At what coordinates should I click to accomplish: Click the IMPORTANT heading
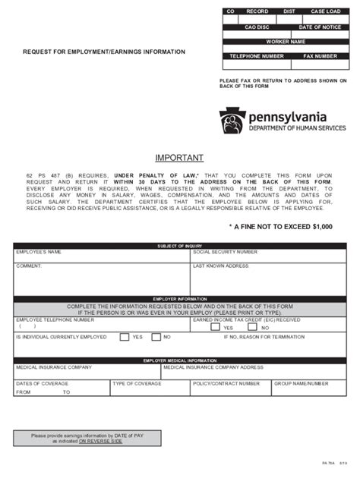point(179,158)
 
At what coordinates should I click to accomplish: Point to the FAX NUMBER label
point(320,56)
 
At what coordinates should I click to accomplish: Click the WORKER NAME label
point(285,42)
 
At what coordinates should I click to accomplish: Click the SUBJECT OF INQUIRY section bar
point(179,246)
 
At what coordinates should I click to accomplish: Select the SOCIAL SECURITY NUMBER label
point(225,252)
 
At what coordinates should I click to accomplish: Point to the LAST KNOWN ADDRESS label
point(221,266)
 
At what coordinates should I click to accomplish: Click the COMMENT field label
point(29,266)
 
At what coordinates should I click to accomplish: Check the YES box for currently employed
point(124,337)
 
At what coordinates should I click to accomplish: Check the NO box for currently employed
point(156,337)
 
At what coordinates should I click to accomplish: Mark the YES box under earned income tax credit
point(226,328)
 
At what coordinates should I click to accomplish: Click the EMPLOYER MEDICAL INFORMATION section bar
point(179,360)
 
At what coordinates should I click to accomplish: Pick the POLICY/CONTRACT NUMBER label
point(226,383)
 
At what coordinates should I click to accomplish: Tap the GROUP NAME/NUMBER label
point(301,383)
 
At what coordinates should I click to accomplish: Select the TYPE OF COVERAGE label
point(137,383)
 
